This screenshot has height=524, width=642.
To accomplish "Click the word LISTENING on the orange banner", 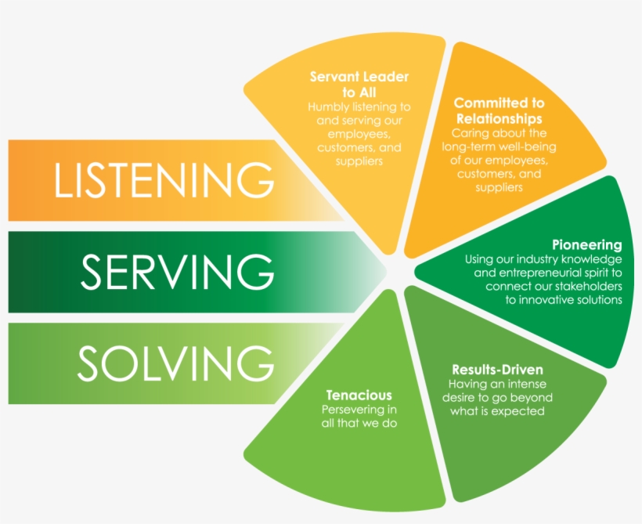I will pos(164,180).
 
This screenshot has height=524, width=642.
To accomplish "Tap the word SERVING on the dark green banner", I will pos(177,273).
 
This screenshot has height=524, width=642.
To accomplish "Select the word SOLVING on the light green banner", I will pos(175,363).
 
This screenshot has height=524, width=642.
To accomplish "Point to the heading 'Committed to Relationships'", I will pos(499,110).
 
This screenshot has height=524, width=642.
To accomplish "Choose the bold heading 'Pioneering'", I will pos(586,245).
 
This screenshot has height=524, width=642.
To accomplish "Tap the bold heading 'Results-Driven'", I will pos(497,370).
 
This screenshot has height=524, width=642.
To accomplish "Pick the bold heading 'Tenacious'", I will pos(359,396).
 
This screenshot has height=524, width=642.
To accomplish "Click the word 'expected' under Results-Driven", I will pos(520,411).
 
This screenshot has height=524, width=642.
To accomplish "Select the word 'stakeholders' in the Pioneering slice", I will pos(583,287).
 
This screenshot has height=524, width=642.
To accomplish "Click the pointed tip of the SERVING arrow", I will pos(387,272).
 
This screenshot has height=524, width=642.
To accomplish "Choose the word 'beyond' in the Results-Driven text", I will pos(532,398).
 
